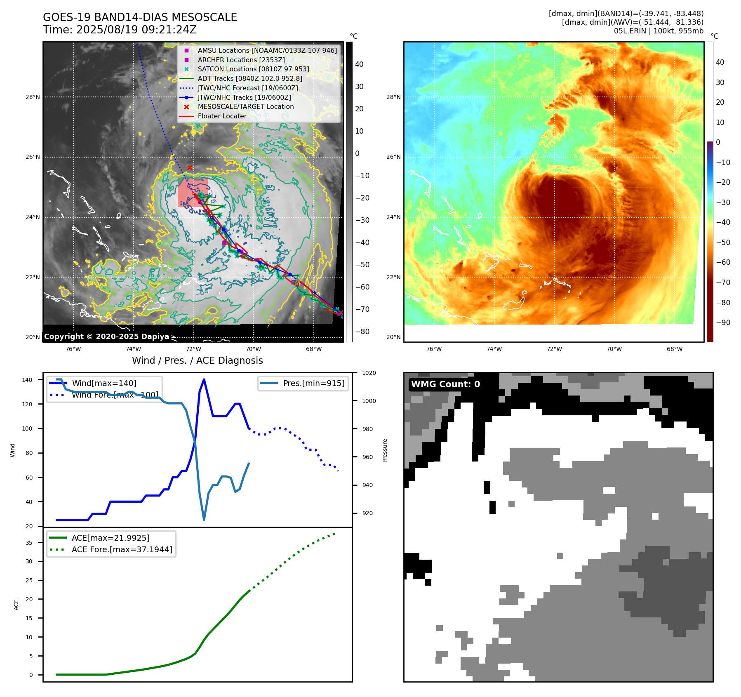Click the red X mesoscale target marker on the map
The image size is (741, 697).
pyautogui.click(x=190, y=167)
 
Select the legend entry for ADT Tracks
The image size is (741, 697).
pyautogui.click(x=250, y=78)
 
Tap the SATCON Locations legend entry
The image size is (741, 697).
pyautogui.click(x=253, y=69)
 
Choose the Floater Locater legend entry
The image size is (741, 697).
pyautogui.click(x=222, y=116)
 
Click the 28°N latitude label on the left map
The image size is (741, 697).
pyautogui.click(x=33, y=97)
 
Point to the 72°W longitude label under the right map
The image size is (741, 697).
pyautogui.click(x=554, y=349)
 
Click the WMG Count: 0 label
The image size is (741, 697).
pyautogui.click(x=445, y=384)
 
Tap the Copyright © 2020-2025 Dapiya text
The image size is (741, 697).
pyautogui.click(x=106, y=337)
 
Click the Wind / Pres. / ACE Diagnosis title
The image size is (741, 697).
pyautogui.click(x=197, y=360)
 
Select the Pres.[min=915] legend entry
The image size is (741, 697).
pyautogui.click(x=313, y=383)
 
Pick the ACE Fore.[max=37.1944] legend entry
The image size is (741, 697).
pyautogui.click(x=122, y=549)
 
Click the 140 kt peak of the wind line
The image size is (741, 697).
pyautogui.click(x=204, y=379)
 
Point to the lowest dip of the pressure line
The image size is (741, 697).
pyautogui.click(x=204, y=520)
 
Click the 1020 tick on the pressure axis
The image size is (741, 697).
pyautogui.click(x=369, y=373)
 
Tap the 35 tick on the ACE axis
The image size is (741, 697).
pyautogui.click(x=29, y=543)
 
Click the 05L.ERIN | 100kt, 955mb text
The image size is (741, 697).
pyautogui.click(x=659, y=31)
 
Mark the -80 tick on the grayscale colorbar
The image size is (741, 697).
pyautogui.click(x=362, y=332)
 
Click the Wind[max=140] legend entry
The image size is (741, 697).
pyautogui.click(x=104, y=383)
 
